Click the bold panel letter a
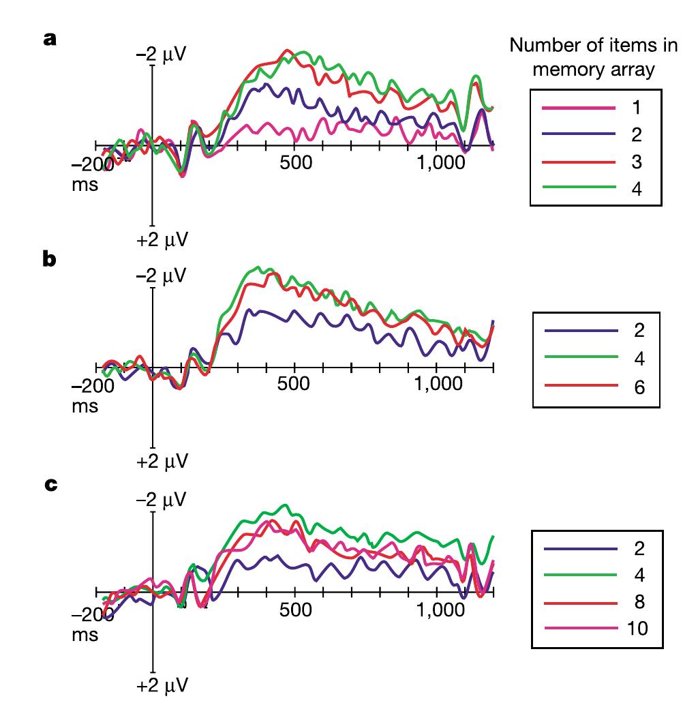point(50,39)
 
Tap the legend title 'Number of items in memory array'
point(593,57)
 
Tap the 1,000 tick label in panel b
point(438,383)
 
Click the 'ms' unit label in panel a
point(85,185)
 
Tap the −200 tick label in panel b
point(91,385)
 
